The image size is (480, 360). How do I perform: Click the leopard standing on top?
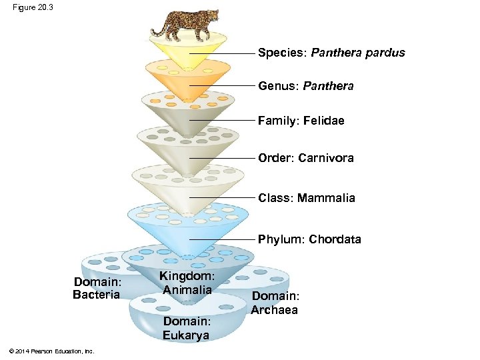pos(183,23)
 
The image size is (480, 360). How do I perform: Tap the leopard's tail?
pos(158,29)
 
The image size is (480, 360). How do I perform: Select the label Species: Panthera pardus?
pos(331,53)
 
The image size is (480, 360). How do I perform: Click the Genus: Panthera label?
pos(305,86)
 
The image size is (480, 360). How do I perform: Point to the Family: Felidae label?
pos(301,121)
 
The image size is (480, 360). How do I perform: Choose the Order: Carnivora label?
pos(305,158)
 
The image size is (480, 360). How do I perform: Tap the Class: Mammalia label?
pos(307,198)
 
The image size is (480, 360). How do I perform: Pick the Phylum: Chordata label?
pos(309,239)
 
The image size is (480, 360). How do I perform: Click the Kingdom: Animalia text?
pos(187,283)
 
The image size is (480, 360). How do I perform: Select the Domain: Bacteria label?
pos(97,288)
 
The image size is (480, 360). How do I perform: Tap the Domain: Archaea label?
pos(275,303)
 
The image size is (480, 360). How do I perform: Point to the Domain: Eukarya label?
pos(186,329)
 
